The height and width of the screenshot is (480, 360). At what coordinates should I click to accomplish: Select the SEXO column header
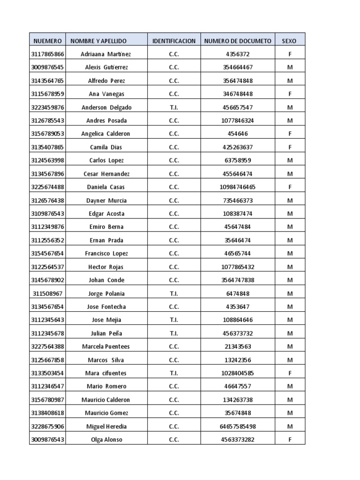[x=289, y=41]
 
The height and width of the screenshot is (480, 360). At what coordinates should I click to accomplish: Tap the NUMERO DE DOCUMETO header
[x=238, y=41]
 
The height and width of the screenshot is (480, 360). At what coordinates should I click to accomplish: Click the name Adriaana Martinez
[x=106, y=54]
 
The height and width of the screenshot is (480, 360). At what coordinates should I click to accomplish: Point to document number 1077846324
[x=238, y=120]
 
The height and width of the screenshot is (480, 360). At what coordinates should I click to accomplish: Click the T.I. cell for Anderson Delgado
[x=174, y=107]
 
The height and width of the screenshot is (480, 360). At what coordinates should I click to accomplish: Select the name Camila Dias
[x=106, y=147]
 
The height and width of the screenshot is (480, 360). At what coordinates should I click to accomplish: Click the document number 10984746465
[x=238, y=187]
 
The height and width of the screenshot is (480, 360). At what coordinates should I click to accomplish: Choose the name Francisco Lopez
[x=106, y=254]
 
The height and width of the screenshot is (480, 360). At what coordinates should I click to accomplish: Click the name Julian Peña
[x=106, y=333]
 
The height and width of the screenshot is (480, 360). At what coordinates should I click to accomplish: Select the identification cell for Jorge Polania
[x=174, y=293]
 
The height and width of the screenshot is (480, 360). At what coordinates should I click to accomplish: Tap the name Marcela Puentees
[x=106, y=346]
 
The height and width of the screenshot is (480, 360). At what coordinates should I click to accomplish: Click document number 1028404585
[x=238, y=373]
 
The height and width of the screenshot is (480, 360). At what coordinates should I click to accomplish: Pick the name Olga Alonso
[x=106, y=440]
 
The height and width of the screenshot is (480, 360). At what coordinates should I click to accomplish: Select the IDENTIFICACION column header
[x=174, y=41]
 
